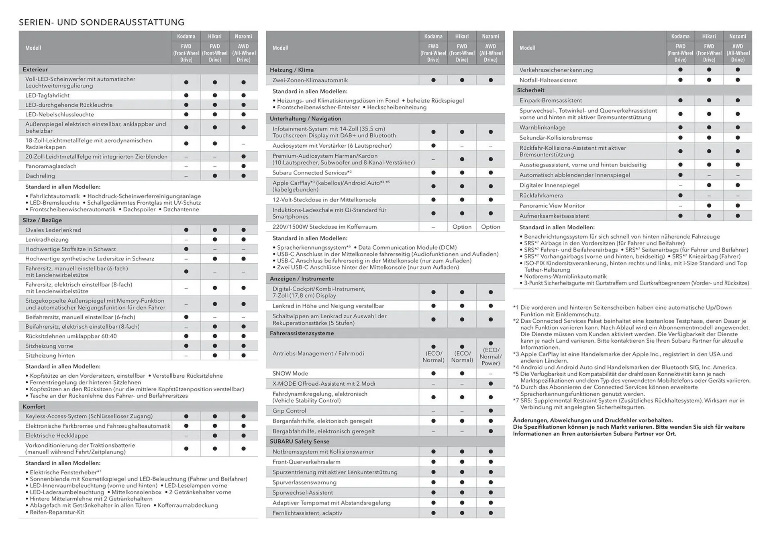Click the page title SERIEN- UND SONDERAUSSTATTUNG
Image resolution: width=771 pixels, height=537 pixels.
click(x=102, y=22)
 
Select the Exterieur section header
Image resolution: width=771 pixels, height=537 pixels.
click(x=35, y=69)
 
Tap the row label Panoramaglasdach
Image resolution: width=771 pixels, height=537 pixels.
click(x=51, y=166)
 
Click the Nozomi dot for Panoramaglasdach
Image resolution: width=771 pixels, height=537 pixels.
click(x=243, y=166)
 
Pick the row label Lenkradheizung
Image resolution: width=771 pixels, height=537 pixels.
click(x=47, y=240)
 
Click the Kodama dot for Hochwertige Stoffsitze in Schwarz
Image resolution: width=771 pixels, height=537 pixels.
click(x=186, y=249)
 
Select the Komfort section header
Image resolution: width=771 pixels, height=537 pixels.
click(x=34, y=407)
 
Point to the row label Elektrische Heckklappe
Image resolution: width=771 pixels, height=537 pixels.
click(x=57, y=435)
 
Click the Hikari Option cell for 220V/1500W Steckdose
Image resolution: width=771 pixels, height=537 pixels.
click(x=462, y=227)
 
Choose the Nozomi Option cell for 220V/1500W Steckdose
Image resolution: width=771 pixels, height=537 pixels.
click(x=490, y=227)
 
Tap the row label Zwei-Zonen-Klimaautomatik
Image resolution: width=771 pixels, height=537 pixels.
click(x=310, y=80)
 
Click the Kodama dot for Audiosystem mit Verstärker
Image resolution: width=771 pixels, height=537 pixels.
click(x=433, y=146)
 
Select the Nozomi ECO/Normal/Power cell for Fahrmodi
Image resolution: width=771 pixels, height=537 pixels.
click(x=490, y=354)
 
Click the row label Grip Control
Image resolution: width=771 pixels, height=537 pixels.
click(x=289, y=411)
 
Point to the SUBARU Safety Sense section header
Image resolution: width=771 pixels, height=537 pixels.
click(x=299, y=441)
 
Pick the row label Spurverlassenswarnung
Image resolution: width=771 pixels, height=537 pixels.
click(x=304, y=482)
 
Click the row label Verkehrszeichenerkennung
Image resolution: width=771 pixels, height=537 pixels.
click(x=556, y=70)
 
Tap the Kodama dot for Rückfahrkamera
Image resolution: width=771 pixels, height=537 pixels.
click(x=680, y=195)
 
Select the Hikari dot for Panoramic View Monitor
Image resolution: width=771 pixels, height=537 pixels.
click(x=709, y=205)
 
